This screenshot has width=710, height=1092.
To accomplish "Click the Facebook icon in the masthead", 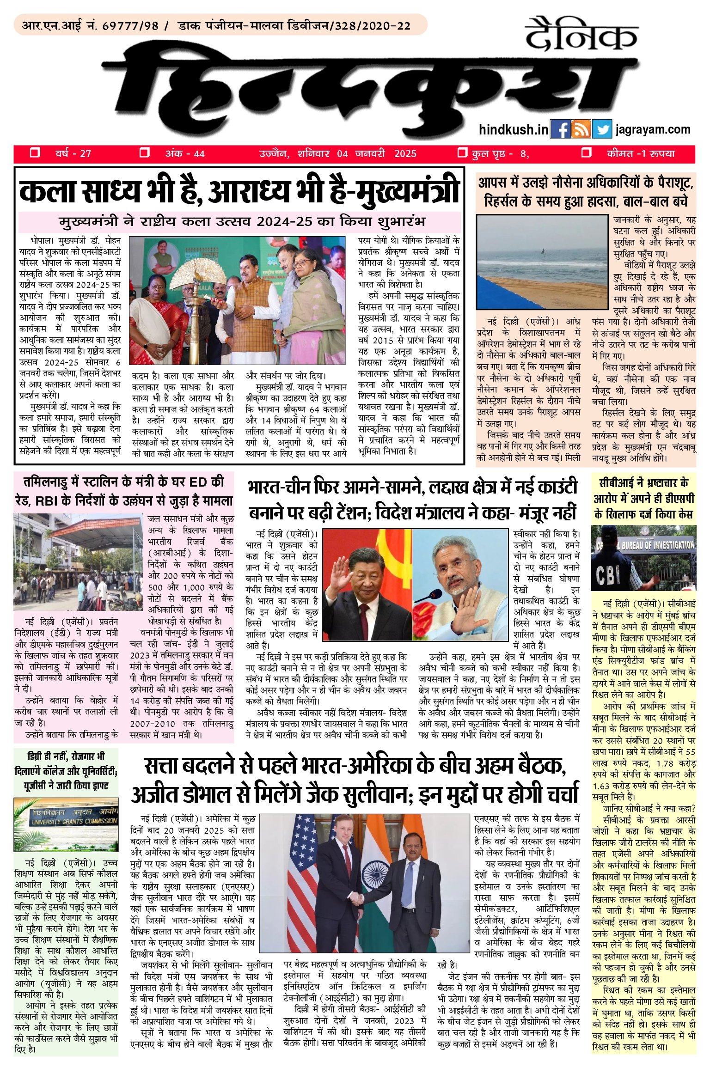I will (x=560, y=129).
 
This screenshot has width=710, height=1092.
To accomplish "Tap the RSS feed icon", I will (x=581, y=129).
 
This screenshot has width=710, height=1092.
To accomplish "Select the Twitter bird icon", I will (x=601, y=129).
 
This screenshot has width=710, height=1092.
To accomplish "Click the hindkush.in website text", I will (x=514, y=130).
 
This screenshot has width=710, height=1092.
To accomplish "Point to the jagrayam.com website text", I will (x=653, y=130).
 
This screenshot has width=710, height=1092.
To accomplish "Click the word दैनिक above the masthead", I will (x=581, y=34).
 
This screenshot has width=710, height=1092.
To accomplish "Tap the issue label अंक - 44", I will (x=185, y=153).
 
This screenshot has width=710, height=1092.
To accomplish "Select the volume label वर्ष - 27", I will (x=73, y=153).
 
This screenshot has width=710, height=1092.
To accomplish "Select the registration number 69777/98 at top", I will (x=130, y=25).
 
